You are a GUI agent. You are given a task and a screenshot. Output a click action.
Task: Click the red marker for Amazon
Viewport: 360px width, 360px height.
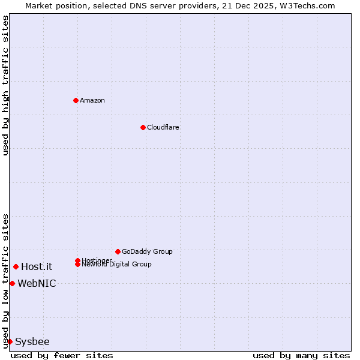76,100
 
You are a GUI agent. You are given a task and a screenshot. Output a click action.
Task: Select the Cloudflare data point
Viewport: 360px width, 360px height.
143,127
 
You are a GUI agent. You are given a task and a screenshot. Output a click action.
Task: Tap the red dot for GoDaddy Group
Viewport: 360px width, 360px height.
118,251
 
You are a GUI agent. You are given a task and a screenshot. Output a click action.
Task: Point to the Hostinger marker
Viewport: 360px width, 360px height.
77,260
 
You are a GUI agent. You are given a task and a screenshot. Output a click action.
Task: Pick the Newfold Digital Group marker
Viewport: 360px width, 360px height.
77,264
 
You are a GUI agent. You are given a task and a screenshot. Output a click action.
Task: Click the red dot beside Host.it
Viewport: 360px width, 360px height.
16,266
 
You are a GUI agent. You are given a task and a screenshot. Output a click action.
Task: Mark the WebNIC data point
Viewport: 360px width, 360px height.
12,283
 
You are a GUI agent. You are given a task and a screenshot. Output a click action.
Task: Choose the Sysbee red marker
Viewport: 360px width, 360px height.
10,341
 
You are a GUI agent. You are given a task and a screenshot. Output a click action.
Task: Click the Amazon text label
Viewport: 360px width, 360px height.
92,100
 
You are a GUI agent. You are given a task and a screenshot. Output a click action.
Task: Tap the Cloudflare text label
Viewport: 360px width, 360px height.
163,127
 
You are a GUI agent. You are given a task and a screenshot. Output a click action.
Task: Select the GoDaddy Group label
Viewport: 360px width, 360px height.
147,251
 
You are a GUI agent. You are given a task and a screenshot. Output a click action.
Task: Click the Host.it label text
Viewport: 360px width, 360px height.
37,266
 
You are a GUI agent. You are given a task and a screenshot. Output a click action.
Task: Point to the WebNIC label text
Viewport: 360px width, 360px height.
37,283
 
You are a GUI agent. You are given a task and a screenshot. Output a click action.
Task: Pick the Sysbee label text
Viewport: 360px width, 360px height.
32,341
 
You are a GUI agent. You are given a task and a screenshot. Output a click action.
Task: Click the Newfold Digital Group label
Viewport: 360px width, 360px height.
116,265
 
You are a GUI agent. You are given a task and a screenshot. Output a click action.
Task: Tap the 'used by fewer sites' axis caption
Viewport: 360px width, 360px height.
62,355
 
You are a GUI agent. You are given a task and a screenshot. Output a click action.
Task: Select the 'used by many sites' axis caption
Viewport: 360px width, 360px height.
301,355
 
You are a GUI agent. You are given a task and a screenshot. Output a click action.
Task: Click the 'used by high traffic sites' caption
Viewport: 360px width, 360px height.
5,85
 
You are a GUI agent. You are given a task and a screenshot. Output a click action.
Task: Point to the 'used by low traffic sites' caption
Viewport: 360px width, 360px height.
5,281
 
